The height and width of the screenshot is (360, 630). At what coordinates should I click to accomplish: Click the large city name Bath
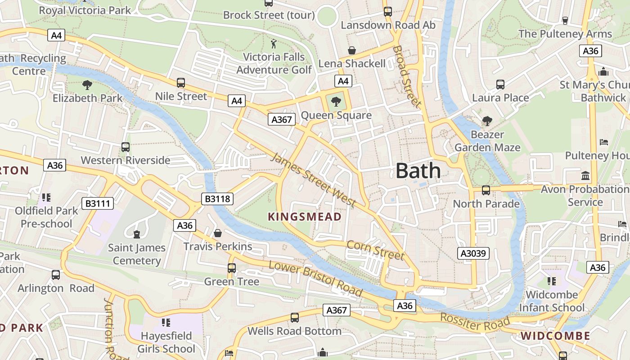pos(418,171)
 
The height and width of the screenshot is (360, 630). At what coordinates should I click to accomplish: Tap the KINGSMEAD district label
pos(305,217)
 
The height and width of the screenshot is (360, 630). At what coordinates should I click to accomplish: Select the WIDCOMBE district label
pos(555,336)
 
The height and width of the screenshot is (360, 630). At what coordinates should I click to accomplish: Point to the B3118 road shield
pos(217,198)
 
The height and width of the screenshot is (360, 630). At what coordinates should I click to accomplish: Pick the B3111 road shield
pos(98,203)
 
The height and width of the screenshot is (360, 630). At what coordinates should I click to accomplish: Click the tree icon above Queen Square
pos(336,102)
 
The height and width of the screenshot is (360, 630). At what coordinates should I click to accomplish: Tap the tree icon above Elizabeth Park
pos(87,84)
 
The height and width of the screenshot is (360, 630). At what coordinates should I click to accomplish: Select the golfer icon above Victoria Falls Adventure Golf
pos(274,44)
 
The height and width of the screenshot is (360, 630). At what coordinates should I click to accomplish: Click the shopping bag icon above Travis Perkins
pos(218,233)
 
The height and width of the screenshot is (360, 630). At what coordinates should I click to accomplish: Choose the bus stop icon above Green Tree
pos(232,268)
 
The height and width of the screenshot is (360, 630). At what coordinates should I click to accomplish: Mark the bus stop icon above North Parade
pos(486,190)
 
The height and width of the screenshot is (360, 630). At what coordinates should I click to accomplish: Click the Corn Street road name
pos(375,250)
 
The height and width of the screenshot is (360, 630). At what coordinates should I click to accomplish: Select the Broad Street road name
pos(407,76)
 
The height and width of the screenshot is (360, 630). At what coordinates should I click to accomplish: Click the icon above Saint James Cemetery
pos(136,234)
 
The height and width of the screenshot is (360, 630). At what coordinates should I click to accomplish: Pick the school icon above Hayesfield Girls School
pos(166,323)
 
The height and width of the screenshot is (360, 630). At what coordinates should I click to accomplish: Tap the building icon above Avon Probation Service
pos(585,175)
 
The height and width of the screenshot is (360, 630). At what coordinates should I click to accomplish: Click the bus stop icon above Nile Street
pos(180,83)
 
